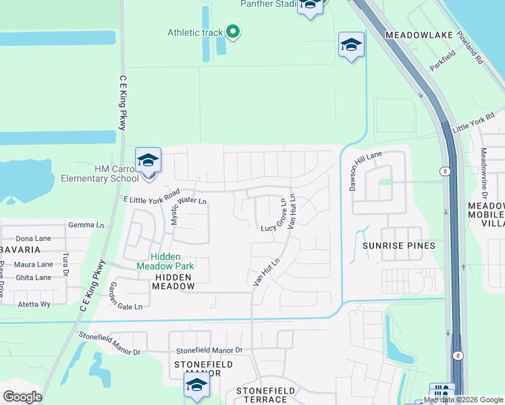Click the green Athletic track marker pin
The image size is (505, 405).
click(x=233, y=31)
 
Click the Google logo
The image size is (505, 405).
click(x=22, y=397)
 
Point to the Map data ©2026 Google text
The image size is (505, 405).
click(x=464, y=400)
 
